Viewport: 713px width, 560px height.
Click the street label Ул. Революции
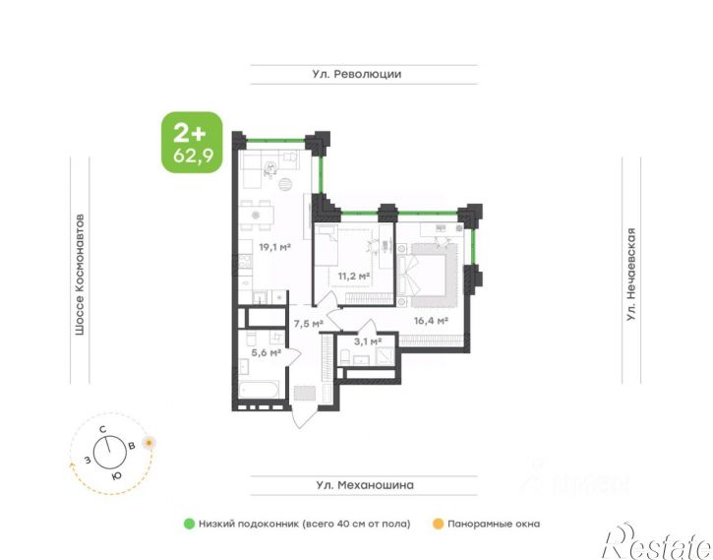(356, 74)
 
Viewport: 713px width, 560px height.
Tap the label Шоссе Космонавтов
(80, 275)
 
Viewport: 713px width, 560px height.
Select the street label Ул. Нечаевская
(630, 275)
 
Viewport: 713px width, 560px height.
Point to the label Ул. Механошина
(365, 485)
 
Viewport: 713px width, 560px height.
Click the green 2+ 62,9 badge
(193, 143)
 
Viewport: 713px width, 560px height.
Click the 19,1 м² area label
(274, 247)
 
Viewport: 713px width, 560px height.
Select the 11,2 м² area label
(353, 276)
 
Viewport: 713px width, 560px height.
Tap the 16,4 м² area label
(431, 321)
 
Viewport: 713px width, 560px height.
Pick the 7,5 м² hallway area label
(308, 324)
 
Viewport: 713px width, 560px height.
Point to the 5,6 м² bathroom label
(266, 352)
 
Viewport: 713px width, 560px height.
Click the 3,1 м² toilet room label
(368, 342)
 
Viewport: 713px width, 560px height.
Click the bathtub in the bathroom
(259, 390)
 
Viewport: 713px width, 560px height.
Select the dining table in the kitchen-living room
(256, 216)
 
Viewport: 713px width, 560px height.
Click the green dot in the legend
(189, 524)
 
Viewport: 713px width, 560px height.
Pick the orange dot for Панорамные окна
(438, 524)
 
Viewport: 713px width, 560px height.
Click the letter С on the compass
(103, 429)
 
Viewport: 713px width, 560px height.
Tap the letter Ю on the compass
(116, 475)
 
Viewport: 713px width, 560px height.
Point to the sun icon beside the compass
(149, 442)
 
